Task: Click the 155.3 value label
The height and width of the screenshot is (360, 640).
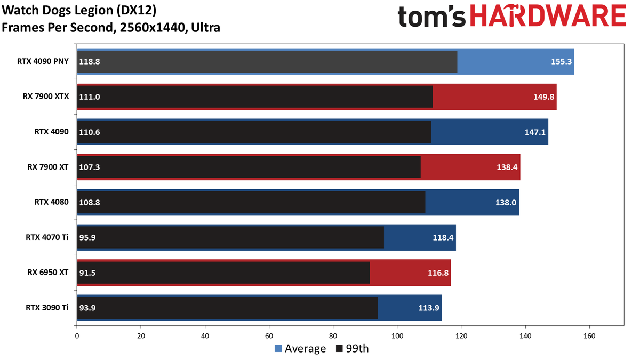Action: (x=561, y=61)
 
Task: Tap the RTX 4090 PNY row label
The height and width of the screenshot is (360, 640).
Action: (x=43, y=61)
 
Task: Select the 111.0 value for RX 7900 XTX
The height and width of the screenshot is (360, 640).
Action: (x=90, y=97)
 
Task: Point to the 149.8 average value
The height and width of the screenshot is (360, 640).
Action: (x=543, y=97)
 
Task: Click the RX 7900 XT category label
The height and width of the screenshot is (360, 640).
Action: (x=47, y=167)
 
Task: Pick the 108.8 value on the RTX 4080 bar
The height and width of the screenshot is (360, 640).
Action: (x=90, y=202)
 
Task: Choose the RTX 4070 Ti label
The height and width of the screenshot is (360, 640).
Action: (x=47, y=237)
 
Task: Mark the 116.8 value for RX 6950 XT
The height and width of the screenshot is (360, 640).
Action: (x=438, y=273)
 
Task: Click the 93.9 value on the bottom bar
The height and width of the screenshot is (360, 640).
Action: (x=87, y=308)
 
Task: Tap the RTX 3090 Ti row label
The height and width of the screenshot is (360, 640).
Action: (x=47, y=307)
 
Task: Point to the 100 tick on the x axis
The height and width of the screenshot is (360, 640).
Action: (x=397, y=336)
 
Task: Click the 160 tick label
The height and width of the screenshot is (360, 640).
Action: (x=589, y=336)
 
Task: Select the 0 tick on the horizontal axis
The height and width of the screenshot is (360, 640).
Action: (x=77, y=336)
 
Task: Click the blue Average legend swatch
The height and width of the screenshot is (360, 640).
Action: (x=278, y=349)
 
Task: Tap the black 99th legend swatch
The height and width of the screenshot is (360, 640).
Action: (x=339, y=349)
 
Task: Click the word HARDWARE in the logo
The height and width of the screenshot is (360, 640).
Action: (x=548, y=16)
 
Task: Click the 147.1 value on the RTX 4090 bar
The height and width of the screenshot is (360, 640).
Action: (x=535, y=132)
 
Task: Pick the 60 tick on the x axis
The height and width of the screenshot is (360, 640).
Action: (x=269, y=336)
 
